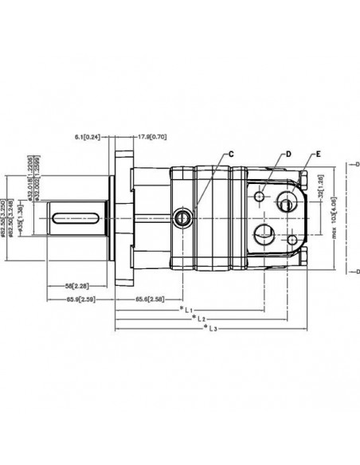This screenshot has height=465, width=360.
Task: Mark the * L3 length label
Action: pyautogui.click(x=210, y=327)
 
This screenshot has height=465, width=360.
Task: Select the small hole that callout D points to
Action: pyautogui.click(x=260, y=193)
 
